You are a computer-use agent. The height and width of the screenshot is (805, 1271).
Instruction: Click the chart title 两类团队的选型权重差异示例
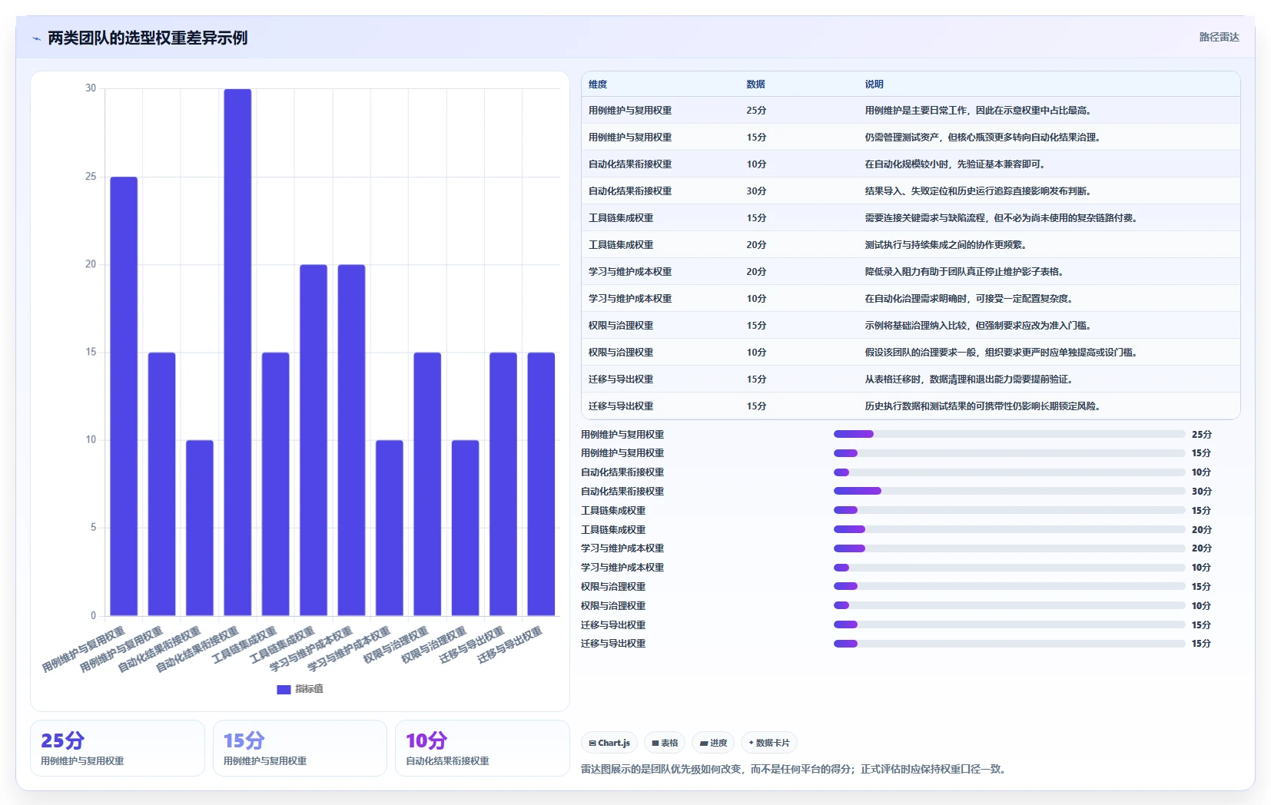click(148, 38)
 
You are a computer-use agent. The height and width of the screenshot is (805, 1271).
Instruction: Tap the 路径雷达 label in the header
click(1219, 37)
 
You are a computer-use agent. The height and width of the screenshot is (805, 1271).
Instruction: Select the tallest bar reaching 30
click(237, 352)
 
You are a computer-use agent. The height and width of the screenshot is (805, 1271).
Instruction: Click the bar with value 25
click(124, 396)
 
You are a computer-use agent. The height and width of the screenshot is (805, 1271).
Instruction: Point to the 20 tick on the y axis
click(91, 264)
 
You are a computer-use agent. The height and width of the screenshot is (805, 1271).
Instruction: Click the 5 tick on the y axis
click(93, 528)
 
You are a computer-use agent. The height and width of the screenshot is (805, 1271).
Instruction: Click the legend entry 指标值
click(300, 689)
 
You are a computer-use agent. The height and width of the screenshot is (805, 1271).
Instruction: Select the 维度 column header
click(598, 84)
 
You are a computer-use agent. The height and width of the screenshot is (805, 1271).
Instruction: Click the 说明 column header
click(874, 84)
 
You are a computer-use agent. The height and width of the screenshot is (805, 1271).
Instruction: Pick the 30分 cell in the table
click(756, 191)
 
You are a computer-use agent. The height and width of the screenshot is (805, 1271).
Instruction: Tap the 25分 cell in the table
click(756, 111)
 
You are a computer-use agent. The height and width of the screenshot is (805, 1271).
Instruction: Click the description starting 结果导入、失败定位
click(978, 191)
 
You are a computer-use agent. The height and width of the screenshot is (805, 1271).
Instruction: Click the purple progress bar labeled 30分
click(858, 492)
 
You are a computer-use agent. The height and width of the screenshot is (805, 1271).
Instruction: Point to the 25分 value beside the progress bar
click(1201, 435)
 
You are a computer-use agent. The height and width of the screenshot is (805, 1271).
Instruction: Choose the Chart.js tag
click(609, 743)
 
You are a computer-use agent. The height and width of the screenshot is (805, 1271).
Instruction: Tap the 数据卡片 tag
click(769, 743)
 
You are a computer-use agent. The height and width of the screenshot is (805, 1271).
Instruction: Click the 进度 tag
click(713, 743)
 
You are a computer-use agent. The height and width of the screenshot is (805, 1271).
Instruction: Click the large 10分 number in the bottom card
click(426, 740)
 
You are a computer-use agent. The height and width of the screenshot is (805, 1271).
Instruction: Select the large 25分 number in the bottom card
click(62, 740)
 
